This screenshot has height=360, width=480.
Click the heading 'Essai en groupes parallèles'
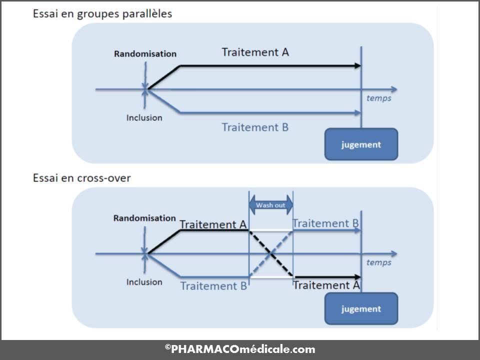(102, 13)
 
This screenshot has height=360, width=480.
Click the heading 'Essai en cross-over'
(82, 178)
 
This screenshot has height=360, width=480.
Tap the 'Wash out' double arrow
(270, 205)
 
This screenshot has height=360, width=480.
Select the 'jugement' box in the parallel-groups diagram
(361, 144)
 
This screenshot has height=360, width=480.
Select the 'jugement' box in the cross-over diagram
(361, 309)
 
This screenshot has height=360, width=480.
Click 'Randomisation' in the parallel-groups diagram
(145, 53)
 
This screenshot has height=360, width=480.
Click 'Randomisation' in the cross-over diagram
(144, 218)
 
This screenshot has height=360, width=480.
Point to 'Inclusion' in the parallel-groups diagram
(144, 118)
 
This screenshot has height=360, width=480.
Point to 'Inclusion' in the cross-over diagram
(144, 282)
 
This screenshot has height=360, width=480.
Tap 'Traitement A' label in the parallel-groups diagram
(255, 52)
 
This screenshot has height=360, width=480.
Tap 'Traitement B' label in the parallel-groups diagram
(255, 127)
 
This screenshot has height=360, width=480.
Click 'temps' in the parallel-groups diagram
(378, 98)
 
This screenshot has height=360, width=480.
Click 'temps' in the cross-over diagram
(378, 262)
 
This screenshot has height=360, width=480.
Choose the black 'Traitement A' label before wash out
(213, 224)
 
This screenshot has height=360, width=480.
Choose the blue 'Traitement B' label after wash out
(325, 223)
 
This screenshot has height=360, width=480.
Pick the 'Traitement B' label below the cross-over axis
(213, 286)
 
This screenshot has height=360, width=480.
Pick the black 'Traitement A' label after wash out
(326, 285)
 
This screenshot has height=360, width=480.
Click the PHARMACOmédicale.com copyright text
(240, 349)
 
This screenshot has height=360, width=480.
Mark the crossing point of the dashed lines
(271, 254)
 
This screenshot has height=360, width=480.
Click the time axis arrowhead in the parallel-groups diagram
(394, 89)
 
